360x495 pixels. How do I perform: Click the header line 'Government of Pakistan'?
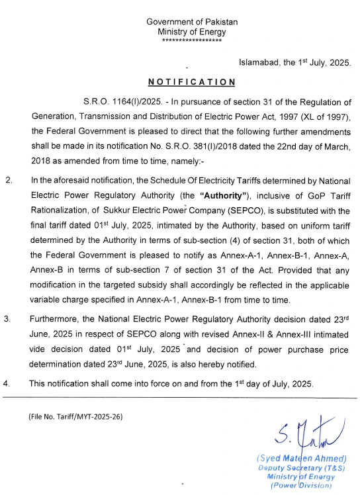click(x=192, y=22)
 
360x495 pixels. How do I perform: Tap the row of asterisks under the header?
click(x=192, y=41)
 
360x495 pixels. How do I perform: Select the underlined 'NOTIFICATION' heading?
click(x=191, y=82)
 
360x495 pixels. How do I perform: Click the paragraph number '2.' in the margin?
click(x=9, y=180)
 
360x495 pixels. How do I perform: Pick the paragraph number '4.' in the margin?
click(x=8, y=383)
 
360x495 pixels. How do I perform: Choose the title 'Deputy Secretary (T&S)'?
click(x=302, y=468)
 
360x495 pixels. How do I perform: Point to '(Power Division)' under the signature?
click(x=302, y=486)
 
